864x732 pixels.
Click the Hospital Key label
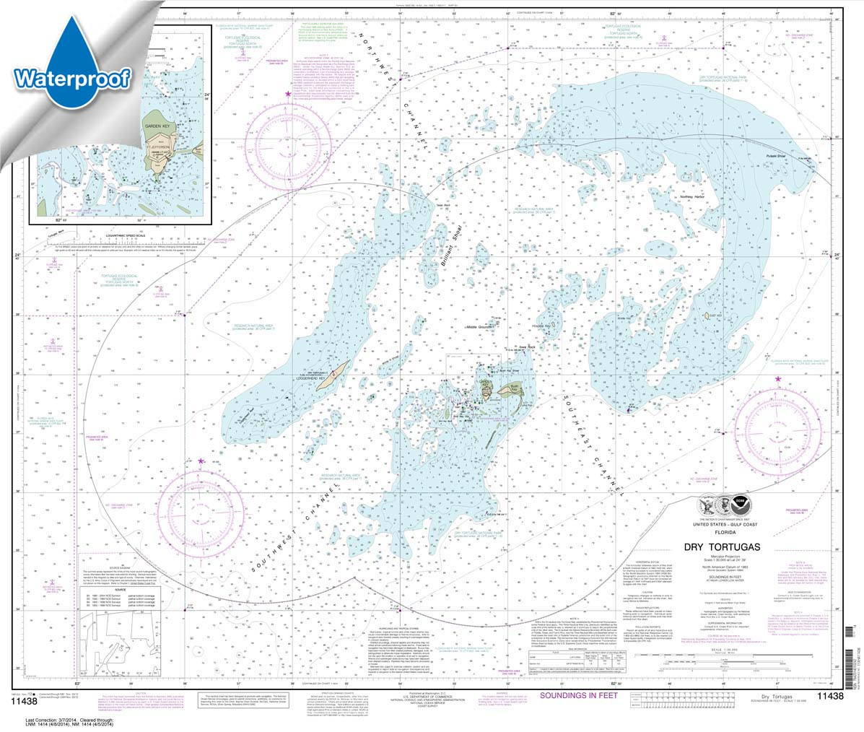coord(541,326)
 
